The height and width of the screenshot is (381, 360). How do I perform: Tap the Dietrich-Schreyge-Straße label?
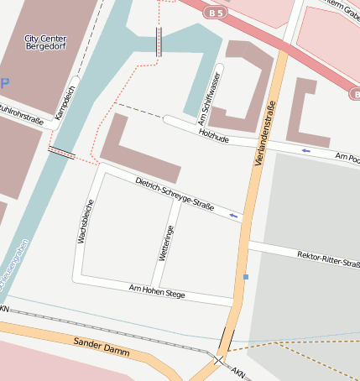pos(175,193)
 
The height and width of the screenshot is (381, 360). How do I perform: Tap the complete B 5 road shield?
pos(217,13)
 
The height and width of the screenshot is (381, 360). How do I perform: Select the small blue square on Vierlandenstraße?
pos(246,276)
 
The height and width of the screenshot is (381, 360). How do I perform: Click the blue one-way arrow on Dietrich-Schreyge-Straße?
pos(234,217)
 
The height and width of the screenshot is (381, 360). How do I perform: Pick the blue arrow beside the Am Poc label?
pos(305,150)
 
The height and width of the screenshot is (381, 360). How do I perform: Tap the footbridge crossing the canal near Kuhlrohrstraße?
pos(62,152)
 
